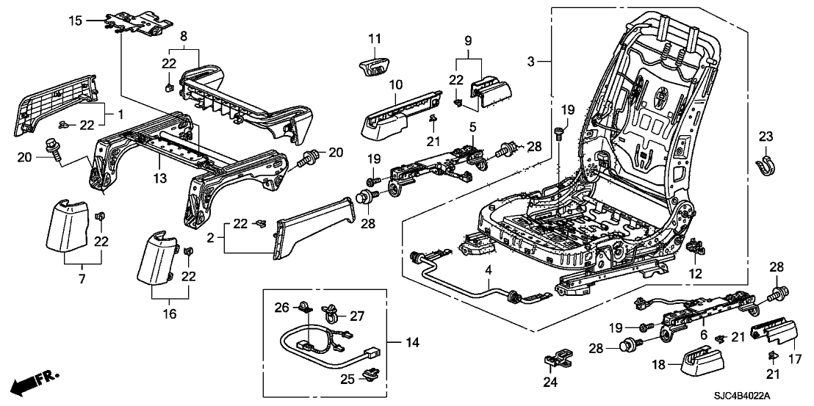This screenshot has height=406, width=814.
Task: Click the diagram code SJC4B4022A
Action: pyautogui.click(x=743, y=396)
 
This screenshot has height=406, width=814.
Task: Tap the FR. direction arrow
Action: pyautogui.click(x=34, y=381)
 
